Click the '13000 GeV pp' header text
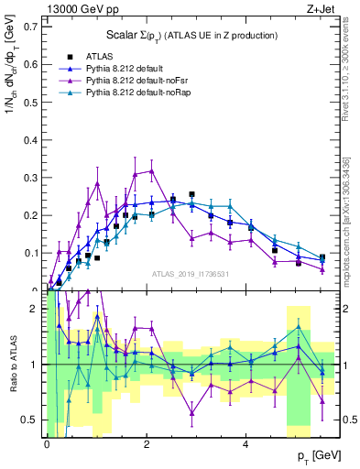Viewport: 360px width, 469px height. (81, 8)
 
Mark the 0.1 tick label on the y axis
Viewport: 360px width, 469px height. (32, 252)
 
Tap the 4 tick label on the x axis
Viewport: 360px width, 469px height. (245, 440)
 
